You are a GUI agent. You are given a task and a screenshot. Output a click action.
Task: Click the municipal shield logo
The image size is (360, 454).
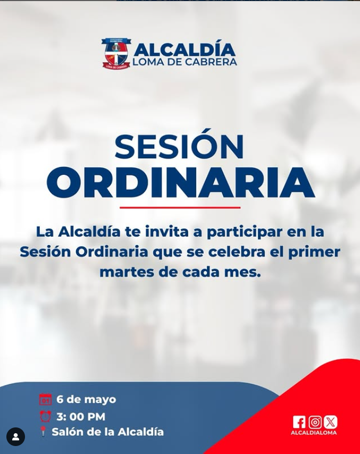coord(116,53)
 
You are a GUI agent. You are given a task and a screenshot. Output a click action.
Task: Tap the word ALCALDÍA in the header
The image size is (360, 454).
coord(184,49)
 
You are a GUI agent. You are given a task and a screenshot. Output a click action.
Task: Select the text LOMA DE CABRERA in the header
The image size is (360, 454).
coord(185,62)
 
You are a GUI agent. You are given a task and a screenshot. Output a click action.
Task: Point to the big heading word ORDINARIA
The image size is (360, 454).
coord(180,182)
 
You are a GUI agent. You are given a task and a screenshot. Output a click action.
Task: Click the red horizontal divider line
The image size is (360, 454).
coord(180,208)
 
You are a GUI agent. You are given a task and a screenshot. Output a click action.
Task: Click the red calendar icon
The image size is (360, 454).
coord(45,399)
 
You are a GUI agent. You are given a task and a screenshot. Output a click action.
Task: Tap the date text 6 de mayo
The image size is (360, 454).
coord(86,400)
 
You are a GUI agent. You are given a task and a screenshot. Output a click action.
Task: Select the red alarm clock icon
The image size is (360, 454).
coord(45,416)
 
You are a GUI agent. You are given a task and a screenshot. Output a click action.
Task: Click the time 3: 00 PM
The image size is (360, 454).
coord(81,417)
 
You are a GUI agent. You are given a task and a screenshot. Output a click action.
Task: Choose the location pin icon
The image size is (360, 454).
coord(43,432)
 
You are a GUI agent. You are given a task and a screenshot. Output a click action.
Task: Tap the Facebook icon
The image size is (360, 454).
coord(299,422)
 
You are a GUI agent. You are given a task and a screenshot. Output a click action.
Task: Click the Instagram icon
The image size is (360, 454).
coord(315,422)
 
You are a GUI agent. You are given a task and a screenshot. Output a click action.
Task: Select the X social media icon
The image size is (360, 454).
coord(330,422)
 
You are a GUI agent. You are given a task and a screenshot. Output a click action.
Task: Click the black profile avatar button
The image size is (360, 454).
coord(15,436)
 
